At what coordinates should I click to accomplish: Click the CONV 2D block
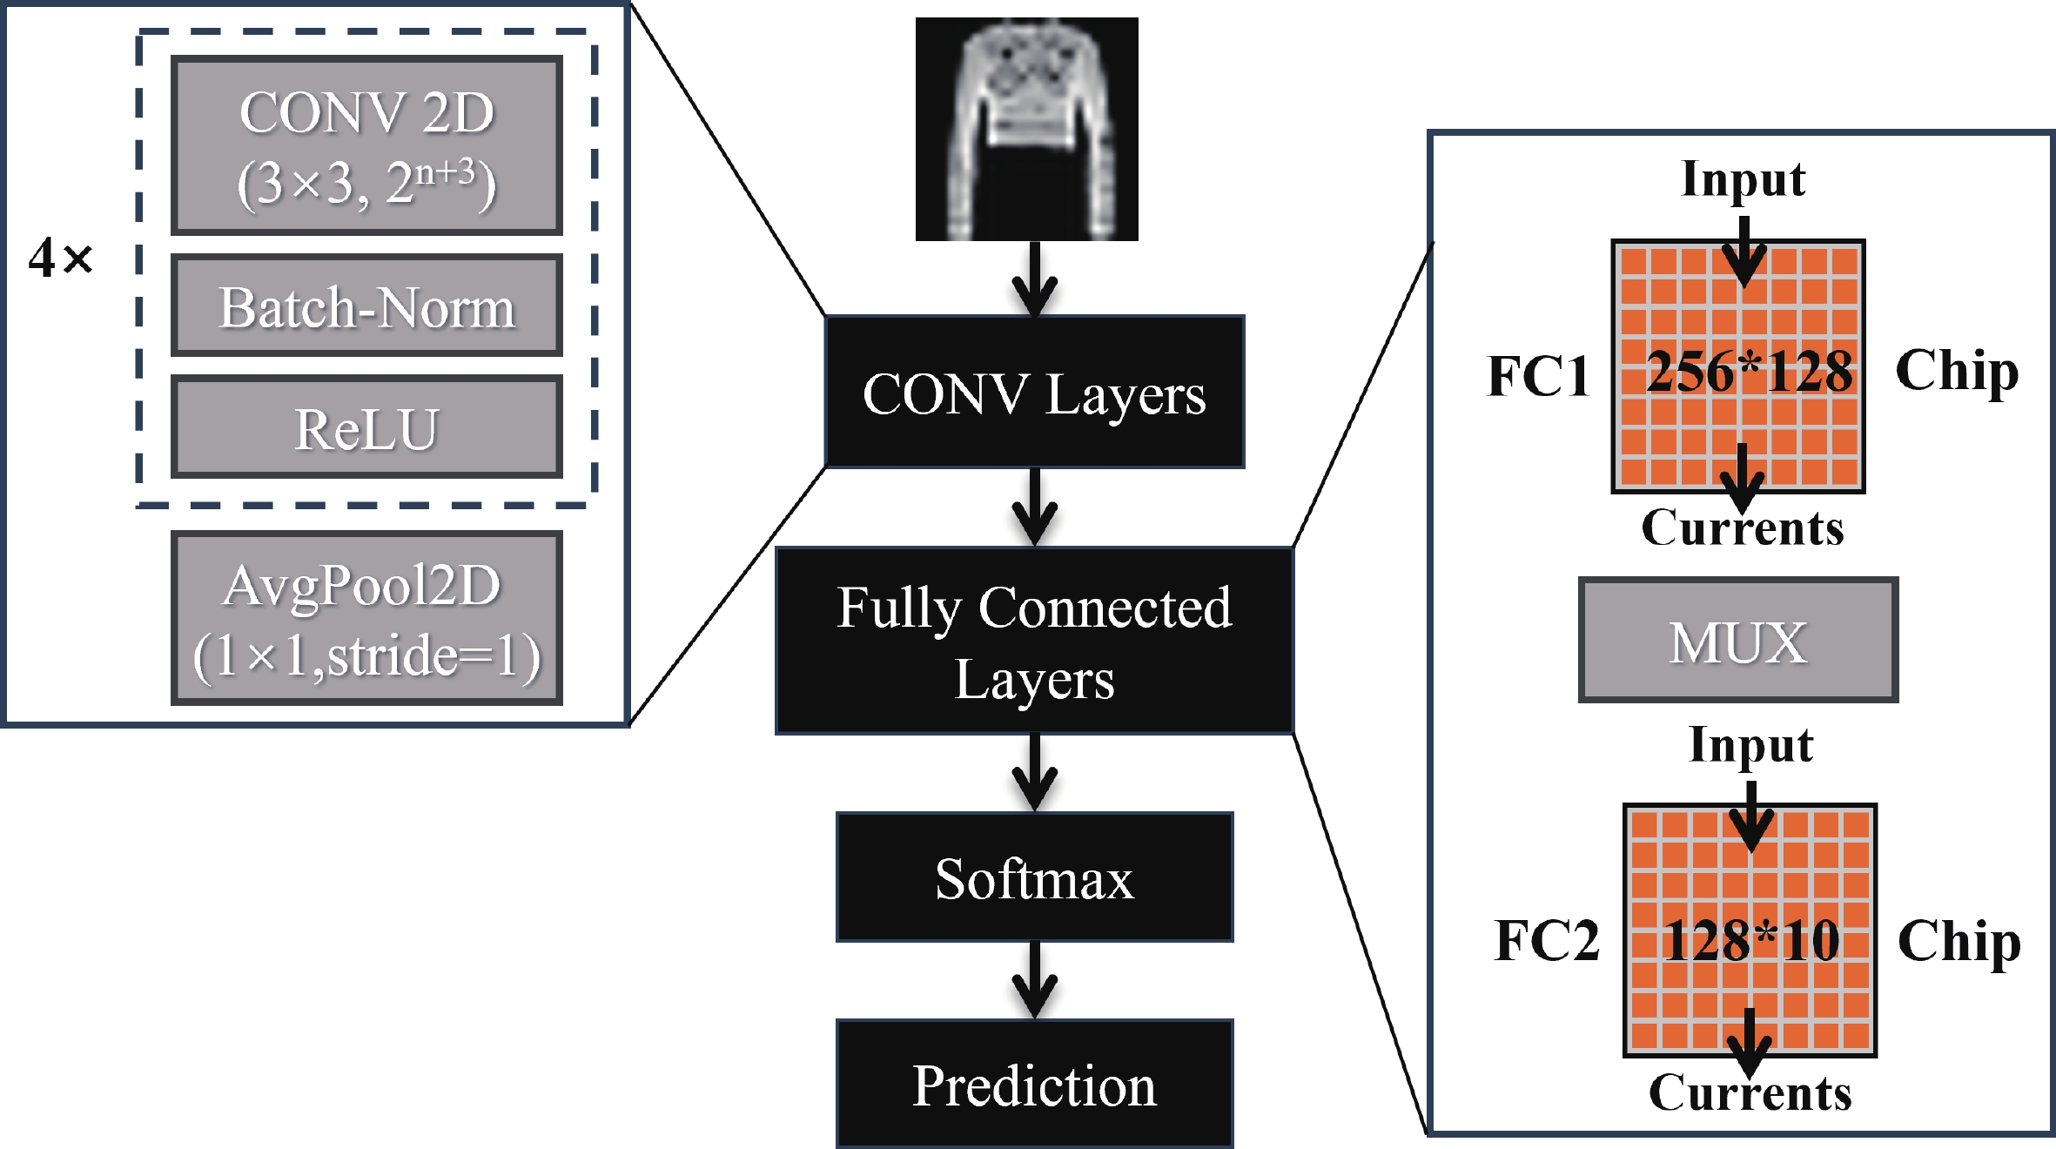click(x=366, y=145)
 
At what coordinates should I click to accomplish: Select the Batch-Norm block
click(x=366, y=306)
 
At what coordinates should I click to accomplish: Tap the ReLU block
click(x=366, y=427)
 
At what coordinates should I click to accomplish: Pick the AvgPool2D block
click(x=366, y=618)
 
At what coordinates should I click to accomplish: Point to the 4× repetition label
click(x=60, y=258)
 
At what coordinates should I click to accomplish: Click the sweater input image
click(x=1026, y=129)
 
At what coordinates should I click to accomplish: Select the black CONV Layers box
click(x=1034, y=392)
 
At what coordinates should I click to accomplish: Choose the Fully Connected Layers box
click(x=1034, y=641)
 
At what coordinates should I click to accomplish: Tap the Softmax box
click(x=1034, y=877)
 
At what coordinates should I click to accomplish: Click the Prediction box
click(x=1034, y=1085)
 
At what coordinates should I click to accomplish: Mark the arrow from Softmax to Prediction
click(x=1034, y=982)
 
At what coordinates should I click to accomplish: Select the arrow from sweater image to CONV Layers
click(x=1034, y=279)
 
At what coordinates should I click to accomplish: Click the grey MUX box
click(x=1737, y=640)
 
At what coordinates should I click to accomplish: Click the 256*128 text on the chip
click(x=1750, y=372)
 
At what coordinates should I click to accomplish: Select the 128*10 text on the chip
click(x=1751, y=940)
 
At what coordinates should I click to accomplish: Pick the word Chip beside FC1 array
click(x=1957, y=372)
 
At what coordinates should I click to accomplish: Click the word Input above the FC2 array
click(x=1750, y=745)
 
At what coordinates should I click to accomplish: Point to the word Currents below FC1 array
click(x=1743, y=527)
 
